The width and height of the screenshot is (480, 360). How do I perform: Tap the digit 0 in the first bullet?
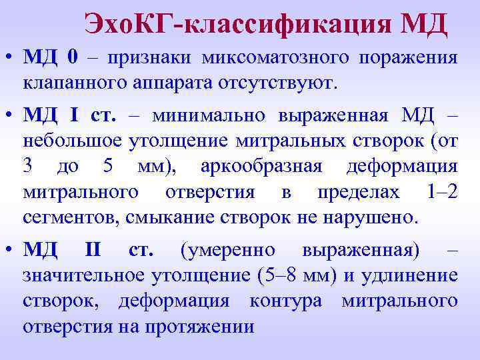(x=73, y=58)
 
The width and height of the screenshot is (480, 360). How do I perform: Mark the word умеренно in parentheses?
(x=227, y=250)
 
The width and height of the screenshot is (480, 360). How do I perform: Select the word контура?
(x=286, y=301)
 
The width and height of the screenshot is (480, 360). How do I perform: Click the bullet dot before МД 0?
(x=8, y=59)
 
